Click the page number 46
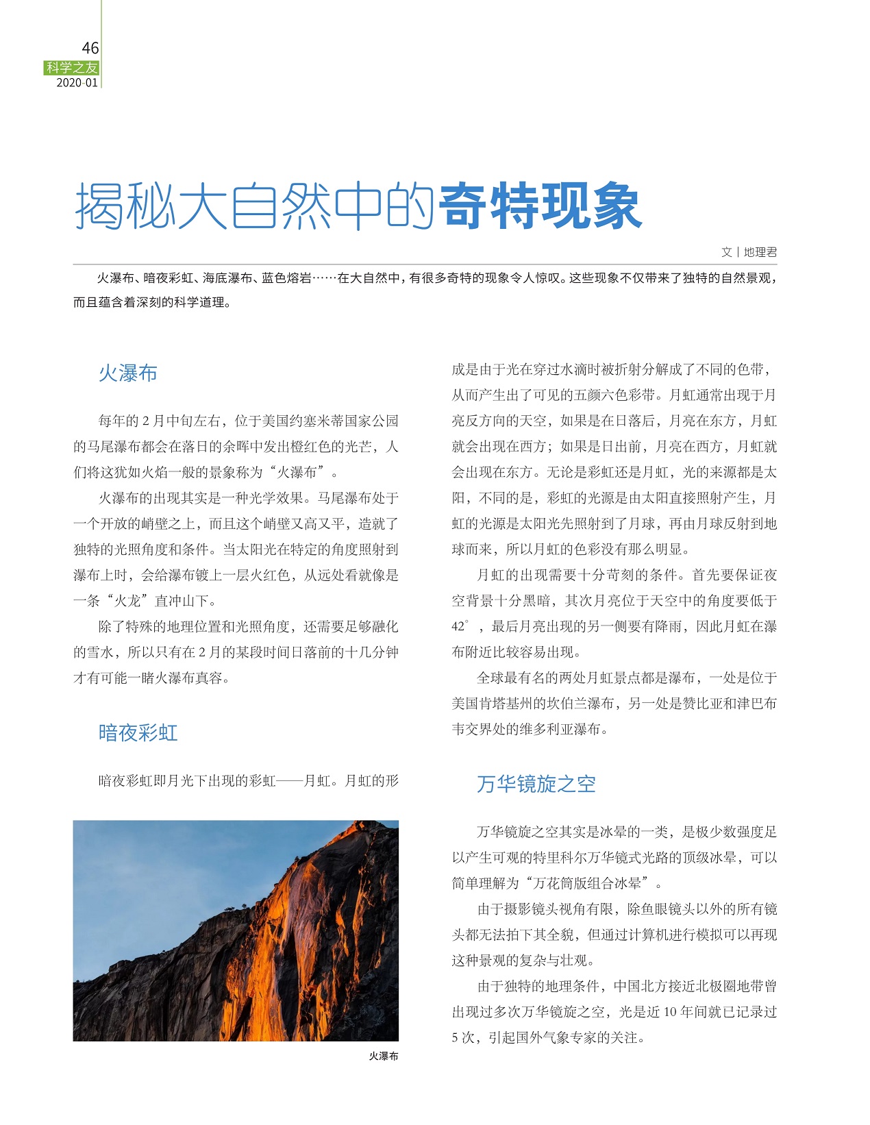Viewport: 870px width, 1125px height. [x=90, y=48]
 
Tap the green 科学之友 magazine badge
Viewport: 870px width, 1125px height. [x=72, y=67]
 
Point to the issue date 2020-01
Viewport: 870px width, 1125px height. [x=77, y=83]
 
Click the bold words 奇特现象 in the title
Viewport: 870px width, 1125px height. [x=540, y=206]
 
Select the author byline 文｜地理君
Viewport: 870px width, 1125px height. [x=749, y=252]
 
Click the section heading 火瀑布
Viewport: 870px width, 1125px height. [x=128, y=373]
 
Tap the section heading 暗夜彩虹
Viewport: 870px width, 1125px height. [x=138, y=733]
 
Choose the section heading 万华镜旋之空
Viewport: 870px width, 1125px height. [x=536, y=784]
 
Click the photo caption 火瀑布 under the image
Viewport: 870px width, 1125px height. [x=383, y=1056]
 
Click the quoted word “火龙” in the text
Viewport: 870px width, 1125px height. [x=127, y=601]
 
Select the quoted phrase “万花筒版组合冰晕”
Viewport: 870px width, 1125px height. [x=586, y=883]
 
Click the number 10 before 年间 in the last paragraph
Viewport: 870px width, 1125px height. [x=670, y=1012]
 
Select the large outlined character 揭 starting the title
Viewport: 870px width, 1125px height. [x=99, y=206]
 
